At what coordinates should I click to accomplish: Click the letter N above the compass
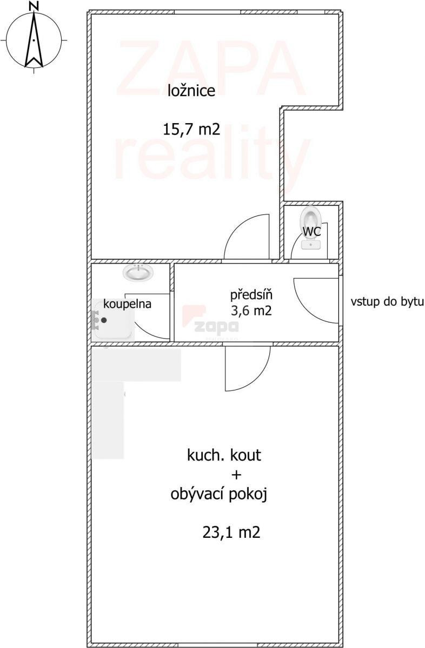pyautogui.click(x=34, y=5)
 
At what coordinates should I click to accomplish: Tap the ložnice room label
pyautogui.click(x=191, y=91)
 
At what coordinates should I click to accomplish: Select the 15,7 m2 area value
pyautogui.click(x=191, y=129)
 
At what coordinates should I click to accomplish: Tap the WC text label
pyautogui.click(x=311, y=231)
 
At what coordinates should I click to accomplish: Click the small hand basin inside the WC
pyautogui.click(x=311, y=245)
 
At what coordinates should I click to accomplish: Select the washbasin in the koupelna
pyautogui.click(x=138, y=272)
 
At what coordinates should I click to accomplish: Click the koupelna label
pyautogui.click(x=127, y=304)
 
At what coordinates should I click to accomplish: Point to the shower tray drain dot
pyautogui.click(x=104, y=320)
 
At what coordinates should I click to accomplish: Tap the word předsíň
pyautogui.click(x=251, y=295)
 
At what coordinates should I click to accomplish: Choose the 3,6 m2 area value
pyautogui.click(x=251, y=310)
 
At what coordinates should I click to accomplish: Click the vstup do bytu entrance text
pyautogui.click(x=387, y=301)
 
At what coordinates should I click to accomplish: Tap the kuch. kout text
pyautogui.click(x=224, y=455)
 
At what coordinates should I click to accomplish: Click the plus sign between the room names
pyautogui.click(x=236, y=475)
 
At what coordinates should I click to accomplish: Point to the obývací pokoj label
pyautogui.click(x=218, y=495)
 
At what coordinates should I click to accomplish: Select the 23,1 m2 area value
pyautogui.click(x=231, y=532)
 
